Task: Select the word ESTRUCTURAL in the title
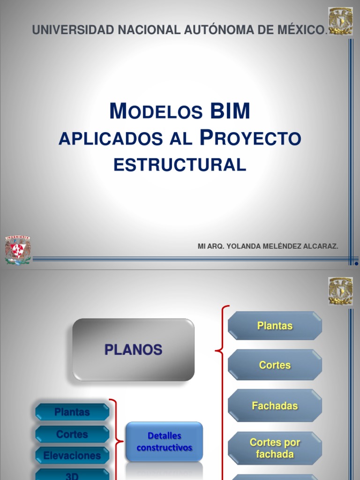coord(180,165)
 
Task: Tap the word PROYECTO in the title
coord(250,138)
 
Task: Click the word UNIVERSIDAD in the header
coord(73,30)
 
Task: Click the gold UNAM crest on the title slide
coord(341,21)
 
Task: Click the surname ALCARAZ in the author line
coord(322,247)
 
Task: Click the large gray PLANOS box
coord(133,350)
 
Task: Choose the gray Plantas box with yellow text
coord(275,326)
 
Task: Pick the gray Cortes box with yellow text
coord(275,365)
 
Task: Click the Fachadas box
coord(275,406)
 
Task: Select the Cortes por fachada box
coord(275,448)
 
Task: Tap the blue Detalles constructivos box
coord(164,442)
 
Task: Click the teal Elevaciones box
coord(72,455)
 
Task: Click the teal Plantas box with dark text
coord(72,412)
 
